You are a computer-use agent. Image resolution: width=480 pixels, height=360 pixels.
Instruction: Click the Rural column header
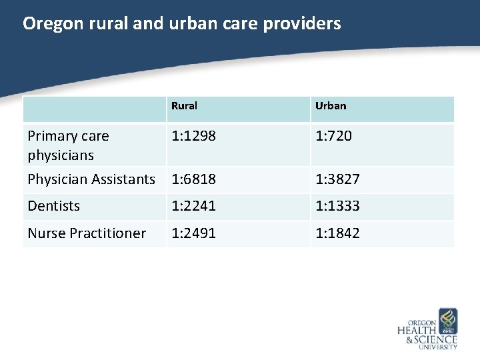point(184,106)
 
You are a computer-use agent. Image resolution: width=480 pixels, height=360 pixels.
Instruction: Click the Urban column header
point(331,106)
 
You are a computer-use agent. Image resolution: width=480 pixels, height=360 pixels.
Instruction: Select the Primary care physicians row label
point(68,145)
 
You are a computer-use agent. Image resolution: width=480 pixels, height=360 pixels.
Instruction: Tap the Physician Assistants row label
point(91,179)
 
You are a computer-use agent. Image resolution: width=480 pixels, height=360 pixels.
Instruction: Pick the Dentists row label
point(53,206)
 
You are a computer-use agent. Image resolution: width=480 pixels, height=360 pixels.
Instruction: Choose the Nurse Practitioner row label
point(87,233)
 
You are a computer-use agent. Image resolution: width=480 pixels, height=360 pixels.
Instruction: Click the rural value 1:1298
point(193,136)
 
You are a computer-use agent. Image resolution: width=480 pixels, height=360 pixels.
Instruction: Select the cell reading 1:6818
point(193,179)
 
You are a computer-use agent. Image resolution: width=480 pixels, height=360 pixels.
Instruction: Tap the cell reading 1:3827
point(337,179)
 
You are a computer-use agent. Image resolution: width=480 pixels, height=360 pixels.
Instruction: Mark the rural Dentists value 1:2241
point(193,206)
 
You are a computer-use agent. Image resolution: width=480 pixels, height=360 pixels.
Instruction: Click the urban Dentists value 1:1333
point(337,206)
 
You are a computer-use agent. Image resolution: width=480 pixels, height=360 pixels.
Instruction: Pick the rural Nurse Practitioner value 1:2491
point(193,233)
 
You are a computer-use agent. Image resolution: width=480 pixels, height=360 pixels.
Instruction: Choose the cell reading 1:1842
point(337,233)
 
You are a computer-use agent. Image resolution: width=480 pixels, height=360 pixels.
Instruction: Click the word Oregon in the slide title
point(49,24)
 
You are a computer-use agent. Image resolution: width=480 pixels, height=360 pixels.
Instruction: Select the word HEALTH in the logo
point(417,330)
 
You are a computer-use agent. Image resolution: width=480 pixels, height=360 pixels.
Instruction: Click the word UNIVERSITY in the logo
point(438,347)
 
